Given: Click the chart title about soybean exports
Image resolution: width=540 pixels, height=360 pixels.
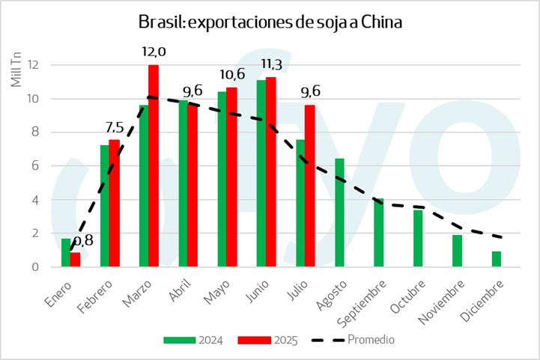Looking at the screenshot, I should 270,22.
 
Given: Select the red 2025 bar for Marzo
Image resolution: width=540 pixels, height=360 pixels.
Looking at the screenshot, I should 154,165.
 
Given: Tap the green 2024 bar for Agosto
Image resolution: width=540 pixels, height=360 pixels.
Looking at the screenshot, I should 339,213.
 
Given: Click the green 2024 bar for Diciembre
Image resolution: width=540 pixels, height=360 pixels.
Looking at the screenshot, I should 496,259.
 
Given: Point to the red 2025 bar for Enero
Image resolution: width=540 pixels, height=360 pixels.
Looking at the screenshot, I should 75,260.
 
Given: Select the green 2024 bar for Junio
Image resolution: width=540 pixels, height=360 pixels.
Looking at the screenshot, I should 261,173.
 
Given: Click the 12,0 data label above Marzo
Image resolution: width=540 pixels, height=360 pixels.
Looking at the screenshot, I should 154,52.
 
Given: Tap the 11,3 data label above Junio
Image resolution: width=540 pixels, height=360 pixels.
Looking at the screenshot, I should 270,64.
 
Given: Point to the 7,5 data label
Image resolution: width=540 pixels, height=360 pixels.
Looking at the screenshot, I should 114,126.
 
